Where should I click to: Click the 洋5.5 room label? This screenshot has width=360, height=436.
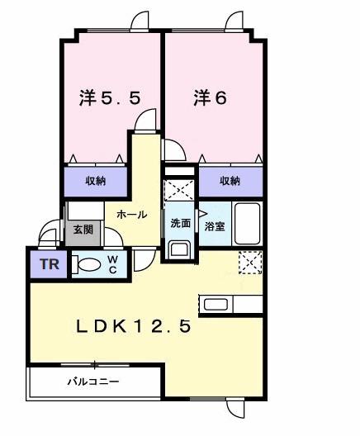coord(109,98)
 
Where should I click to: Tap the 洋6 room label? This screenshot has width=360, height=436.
coord(210,98)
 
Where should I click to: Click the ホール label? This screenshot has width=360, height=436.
coord(133,215)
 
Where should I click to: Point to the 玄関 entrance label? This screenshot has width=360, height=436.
coord(83,229)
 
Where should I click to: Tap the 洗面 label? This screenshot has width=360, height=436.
coord(180,223)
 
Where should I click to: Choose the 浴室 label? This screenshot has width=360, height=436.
coord(214,225)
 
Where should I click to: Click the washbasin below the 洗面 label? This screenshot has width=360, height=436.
coord(178,248)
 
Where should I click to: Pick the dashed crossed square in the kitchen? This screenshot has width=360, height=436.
coord(249,262)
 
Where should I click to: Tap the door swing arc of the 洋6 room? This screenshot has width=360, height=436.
coord(173,149)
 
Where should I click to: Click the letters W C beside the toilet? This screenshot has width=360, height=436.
coord(112,265)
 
